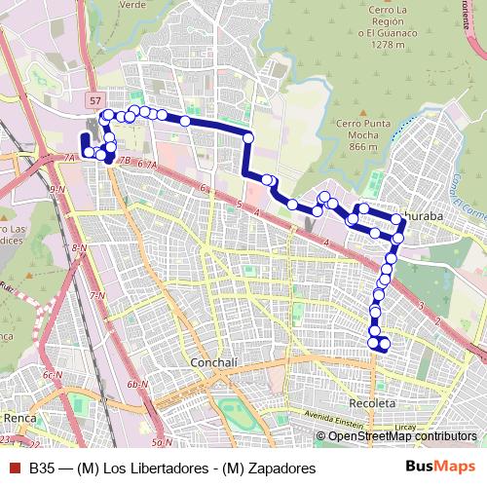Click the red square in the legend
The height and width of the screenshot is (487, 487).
(14, 468)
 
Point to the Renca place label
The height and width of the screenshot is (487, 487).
(19, 418)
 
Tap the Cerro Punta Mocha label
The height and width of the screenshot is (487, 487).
(349, 134)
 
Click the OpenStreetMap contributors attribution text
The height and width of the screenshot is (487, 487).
(402, 436)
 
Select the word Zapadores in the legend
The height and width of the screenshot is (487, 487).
(281, 468)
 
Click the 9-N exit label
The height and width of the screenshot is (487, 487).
(56, 189)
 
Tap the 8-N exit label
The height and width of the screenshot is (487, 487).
(80, 249)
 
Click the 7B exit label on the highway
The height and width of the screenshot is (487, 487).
(124, 160)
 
